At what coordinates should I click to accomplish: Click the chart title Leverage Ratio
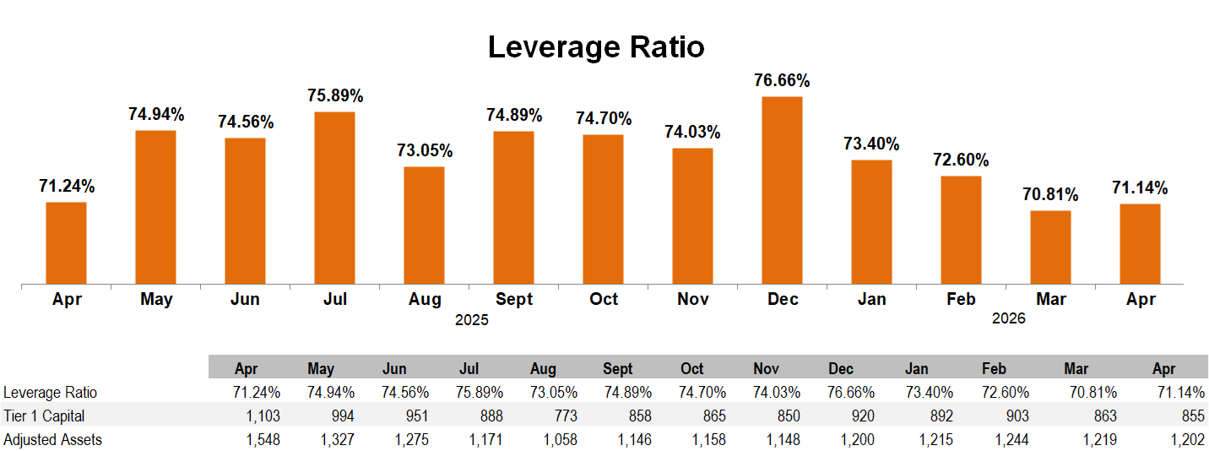coord(596,47)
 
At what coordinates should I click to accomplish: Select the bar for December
coord(782,190)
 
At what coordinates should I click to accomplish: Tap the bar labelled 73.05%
coord(424,225)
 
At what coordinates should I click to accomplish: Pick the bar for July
coord(334,198)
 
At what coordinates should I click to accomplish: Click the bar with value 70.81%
coord(1050,247)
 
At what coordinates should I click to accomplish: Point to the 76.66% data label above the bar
coord(782,80)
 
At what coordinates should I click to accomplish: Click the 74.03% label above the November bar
coord(692,132)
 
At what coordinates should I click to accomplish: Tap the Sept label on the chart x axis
coord(514,299)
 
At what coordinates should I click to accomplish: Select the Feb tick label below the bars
coord(961,299)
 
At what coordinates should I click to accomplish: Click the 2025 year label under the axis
coord(472,320)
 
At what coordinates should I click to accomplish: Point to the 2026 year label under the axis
coord(1009,318)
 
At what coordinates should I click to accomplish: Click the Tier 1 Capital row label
coord(44,416)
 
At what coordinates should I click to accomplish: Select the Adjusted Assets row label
coord(53,440)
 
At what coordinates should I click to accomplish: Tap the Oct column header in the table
coord(692,369)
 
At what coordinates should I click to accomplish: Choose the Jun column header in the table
coord(394,369)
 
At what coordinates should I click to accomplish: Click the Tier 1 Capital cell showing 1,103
coord(263,416)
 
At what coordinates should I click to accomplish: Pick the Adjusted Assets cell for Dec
coord(857,440)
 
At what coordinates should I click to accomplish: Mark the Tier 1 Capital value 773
coord(564,416)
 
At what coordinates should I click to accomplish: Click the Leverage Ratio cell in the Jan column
coord(930,393)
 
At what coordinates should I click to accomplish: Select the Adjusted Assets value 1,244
coord(1012,440)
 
